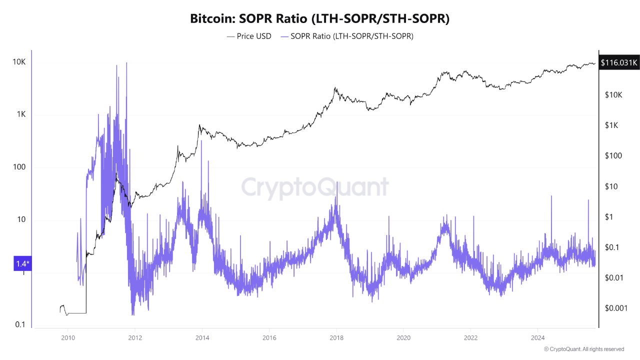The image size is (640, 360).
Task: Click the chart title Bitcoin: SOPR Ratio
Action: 320,19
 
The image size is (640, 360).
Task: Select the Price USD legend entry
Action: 249,36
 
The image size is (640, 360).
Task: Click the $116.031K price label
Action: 619,63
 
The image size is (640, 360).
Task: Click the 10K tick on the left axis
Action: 19,62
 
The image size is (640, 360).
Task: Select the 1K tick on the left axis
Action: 21,114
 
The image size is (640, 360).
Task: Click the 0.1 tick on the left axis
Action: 20,325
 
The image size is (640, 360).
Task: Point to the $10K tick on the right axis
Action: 612,95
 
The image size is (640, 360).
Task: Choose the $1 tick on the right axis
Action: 608,217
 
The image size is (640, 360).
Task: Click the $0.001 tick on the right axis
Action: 616,308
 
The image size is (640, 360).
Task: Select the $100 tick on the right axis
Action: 613,156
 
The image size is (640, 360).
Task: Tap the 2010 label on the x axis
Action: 67,337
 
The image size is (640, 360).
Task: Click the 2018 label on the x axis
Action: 336,337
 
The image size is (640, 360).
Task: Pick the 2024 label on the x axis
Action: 538,337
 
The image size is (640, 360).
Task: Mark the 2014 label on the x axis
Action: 202,337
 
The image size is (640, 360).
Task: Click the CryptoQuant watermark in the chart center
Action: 315,187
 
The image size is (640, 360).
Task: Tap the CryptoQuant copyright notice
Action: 583,349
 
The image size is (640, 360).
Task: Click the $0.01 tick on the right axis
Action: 614,277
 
